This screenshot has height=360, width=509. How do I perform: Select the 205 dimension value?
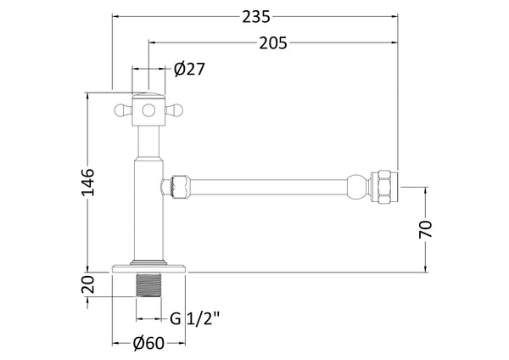tap(272, 42)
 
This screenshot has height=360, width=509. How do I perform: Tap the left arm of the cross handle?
tap(122, 109)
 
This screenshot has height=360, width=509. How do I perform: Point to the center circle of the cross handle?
tap(148, 109)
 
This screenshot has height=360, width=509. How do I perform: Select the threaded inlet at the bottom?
tap(148, 284)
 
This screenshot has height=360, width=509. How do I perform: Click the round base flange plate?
tap(148, 267)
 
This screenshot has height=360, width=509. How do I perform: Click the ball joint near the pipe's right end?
tap(359, 183)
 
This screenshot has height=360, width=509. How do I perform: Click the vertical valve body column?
tap(148, 204)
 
